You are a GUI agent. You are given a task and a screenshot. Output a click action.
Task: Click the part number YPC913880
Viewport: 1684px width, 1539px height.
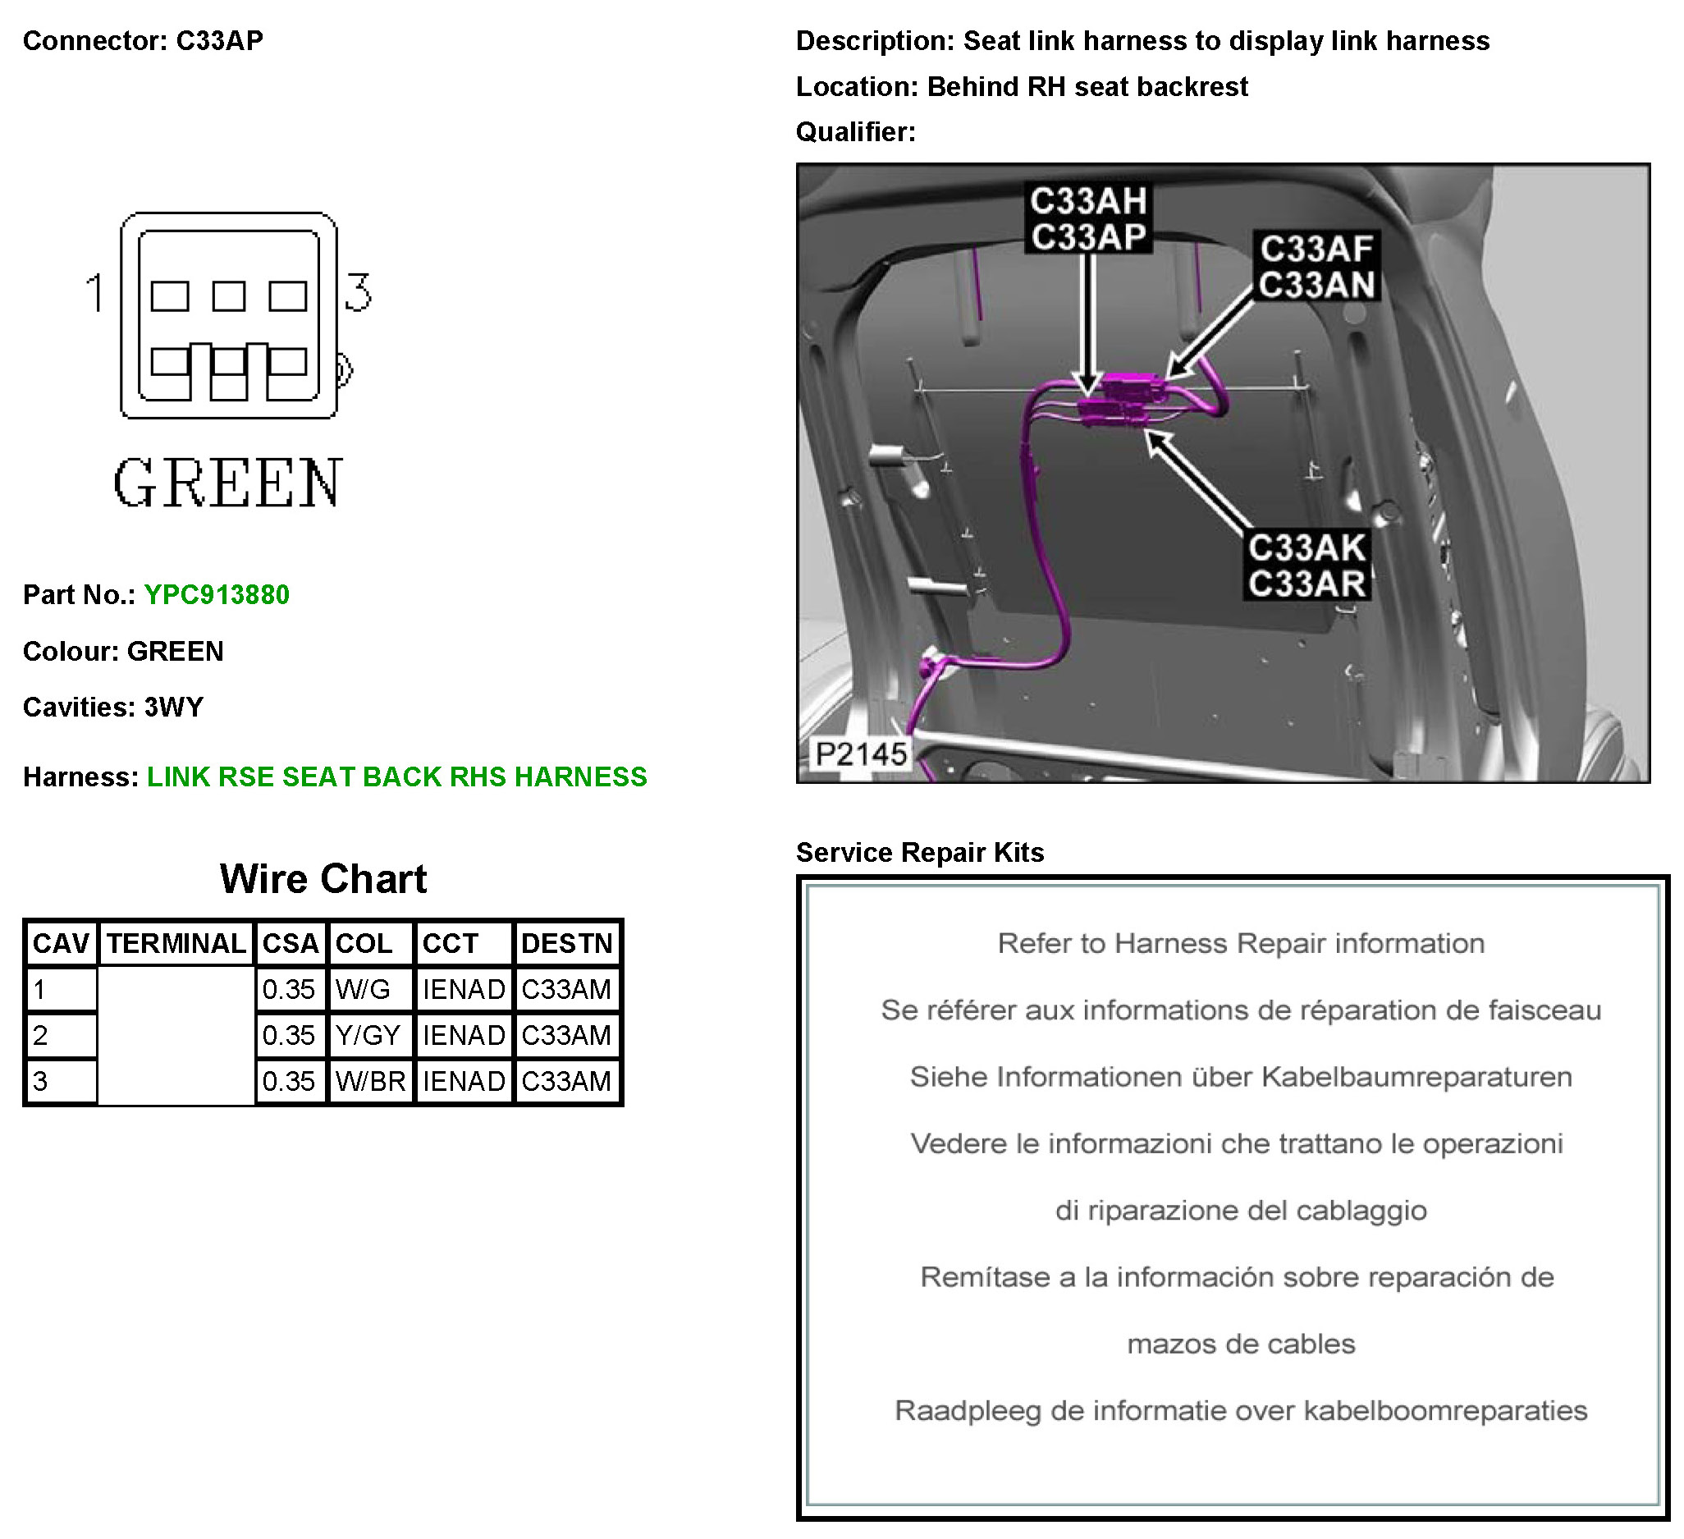tap(217, 595)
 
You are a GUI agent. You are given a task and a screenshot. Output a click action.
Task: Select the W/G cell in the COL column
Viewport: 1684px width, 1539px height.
tap(364, 989)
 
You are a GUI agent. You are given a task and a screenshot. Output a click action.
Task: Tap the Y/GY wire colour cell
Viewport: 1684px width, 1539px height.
tap(368, 1035)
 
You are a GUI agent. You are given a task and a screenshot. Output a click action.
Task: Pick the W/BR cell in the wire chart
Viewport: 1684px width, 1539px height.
tap(370, 1081)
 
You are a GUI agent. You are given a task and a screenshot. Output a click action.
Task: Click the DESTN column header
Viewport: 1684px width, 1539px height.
tap(566, 943)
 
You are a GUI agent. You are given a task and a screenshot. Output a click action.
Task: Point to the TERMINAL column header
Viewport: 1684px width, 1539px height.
tap(176, 943)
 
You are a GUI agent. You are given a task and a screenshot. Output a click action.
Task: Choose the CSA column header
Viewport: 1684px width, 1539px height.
tap(290, 943)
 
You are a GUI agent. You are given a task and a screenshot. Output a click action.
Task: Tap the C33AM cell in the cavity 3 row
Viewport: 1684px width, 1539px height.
tap(566, 1081)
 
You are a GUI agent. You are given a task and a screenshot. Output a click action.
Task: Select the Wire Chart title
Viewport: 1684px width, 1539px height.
tap(323, 879)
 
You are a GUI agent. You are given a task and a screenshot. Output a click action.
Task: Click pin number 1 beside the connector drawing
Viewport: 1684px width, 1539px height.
tap(94, 292)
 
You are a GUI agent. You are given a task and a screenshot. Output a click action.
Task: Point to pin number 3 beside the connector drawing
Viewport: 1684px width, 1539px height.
tap(359, 292)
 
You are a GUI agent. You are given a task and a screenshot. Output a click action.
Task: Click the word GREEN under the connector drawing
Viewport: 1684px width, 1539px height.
tap(227, 483)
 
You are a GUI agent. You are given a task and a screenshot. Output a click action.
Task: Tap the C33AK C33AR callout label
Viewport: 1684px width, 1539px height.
tap(1306, 566)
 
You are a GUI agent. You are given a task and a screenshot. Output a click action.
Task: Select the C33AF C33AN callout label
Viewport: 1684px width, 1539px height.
tap(1316, 267)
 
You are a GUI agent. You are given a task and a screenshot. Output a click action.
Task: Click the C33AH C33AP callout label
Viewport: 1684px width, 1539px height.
tap(1087, 219)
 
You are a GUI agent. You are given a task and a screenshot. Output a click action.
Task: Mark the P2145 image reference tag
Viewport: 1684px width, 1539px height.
tap(860, 754)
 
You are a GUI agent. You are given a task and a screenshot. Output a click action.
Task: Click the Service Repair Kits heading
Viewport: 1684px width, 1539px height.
tap(920, 852)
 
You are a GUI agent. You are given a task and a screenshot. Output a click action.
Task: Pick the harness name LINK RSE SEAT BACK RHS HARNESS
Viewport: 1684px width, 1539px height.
tap(396, 777)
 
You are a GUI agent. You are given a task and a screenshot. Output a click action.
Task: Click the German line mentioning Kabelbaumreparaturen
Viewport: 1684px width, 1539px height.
tap(1241, 1077)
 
